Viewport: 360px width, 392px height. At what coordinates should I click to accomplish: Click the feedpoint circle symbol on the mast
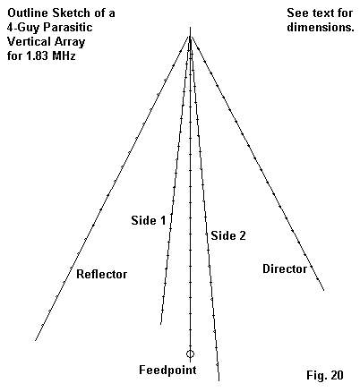pyautogui.click(x=190, y=354)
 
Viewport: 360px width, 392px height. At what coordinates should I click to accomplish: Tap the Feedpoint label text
pyautogui.click(x=167, y=371)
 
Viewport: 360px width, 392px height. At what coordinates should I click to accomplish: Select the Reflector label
pyautogui.click(x=102, y=274)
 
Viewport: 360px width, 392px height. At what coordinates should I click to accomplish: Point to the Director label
pyautogui.click(x=285, y=268)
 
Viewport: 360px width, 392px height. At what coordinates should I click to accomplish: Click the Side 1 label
pyautogui.click(x=149, y=220)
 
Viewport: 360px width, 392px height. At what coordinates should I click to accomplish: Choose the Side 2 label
pyautogui.click(x=228, y=235)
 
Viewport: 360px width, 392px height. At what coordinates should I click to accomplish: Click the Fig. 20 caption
pyautogui.click(x=325, y=375)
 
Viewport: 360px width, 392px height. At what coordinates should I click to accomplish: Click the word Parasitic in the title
pyautogui.click(x=68, y=27)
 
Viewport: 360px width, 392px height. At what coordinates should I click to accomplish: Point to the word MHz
pyautogui.click(x=64, y=55)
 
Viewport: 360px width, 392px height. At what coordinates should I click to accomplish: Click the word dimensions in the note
pyautogui.click(x=321, y=27)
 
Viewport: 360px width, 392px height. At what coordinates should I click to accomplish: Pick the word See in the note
pyautogui.click(x=297, y=13)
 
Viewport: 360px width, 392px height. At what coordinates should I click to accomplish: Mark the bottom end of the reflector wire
pyautogui.click(x=36, y=340)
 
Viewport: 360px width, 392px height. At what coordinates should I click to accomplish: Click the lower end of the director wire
pyautogui.click(x=324, y=290)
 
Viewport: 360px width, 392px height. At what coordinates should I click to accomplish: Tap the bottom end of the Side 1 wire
pyautogui.click(x=160, y=324)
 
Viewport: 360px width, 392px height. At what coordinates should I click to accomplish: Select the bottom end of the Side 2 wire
pyautogui.click(x=219, y=380)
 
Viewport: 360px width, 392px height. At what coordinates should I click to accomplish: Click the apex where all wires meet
pyautogui.click(x=190, y=37)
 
